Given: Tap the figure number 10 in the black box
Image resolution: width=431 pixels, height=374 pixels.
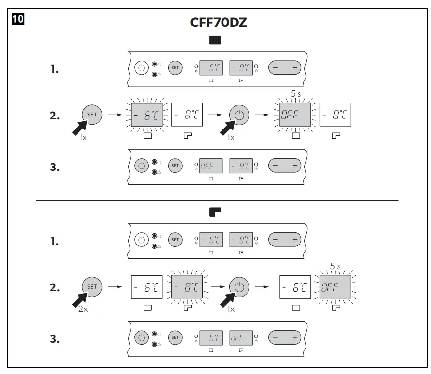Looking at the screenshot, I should (17, 20).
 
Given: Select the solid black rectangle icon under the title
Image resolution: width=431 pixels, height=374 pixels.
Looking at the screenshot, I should (215, 40).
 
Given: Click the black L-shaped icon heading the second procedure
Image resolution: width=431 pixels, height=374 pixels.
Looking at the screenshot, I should (215, 211).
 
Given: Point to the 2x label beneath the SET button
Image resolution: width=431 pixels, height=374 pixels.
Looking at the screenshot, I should (83, 309).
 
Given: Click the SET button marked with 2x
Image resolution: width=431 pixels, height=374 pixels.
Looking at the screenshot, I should (91, 287).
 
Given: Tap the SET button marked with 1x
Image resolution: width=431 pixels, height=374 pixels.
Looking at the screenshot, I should (91, 115).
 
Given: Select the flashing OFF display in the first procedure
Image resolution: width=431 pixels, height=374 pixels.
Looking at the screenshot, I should (295, 116).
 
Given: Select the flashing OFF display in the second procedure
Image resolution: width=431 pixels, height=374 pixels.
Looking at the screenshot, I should (335, 287).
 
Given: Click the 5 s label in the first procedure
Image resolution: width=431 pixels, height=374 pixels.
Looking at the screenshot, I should (295, 94).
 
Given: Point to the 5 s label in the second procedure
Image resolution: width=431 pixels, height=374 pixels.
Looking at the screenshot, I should (335, 266).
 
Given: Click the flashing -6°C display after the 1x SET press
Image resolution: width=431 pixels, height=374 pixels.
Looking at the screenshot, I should (147, 116).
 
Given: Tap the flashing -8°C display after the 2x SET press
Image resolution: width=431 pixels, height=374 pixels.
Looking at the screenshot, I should (187, 287).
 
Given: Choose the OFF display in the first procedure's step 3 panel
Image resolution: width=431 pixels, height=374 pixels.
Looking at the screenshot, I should (211, 166).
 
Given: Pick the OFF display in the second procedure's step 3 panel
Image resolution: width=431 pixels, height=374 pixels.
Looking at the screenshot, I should (241, 338).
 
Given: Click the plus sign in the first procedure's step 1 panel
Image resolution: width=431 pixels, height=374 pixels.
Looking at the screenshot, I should (295, 68).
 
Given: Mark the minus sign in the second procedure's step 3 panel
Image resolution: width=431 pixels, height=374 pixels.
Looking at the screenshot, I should (275, 338).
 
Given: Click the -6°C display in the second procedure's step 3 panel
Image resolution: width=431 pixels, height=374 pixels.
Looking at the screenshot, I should (211, 338).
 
